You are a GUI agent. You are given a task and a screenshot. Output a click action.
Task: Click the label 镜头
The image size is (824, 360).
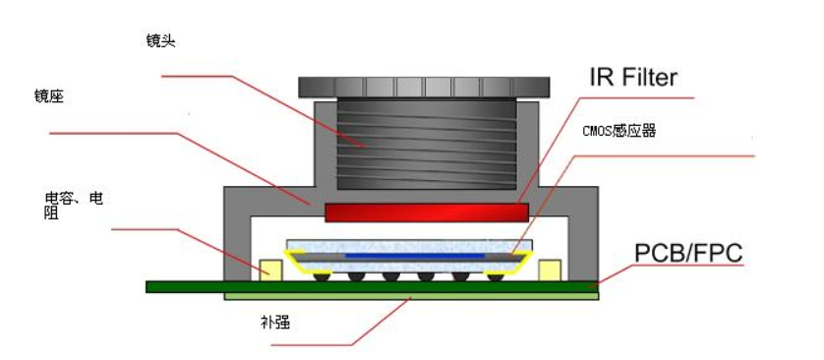[x=159, y=40]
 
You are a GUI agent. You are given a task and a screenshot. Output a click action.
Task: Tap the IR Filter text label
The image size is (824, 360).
[x=632, y=77]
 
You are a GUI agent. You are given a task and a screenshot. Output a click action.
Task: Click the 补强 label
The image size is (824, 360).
[x=275, y=322]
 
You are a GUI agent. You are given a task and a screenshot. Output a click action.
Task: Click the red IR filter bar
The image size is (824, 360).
[x=427, y=211]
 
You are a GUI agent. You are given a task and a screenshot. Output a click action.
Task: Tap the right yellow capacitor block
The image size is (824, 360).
[x=551, y=269]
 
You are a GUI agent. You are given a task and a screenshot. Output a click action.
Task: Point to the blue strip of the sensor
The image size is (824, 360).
[x=413, y=256]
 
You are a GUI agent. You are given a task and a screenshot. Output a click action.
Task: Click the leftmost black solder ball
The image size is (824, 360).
[x=320, y=275]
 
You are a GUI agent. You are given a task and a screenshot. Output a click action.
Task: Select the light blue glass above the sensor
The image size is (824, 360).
[x=413, y=243]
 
